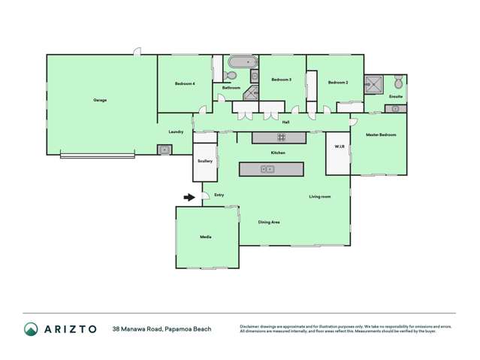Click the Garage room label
(100, 100)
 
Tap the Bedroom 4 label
(185, 83)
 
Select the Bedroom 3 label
(281, 79)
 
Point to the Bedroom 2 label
(338, 83)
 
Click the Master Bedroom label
(381, 135)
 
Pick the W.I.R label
(339, 147)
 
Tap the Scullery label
(205, 161)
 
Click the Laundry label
(177, 132)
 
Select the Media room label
(206, 237)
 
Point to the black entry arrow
(189, 198)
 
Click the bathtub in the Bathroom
(242, 62)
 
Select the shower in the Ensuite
(373, 83)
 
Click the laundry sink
(165, 150)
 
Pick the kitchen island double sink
(269, 169)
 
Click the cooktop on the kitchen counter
(281, 137)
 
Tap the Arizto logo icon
(31, 329)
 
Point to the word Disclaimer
(252, 326)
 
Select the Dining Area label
(269, 222)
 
